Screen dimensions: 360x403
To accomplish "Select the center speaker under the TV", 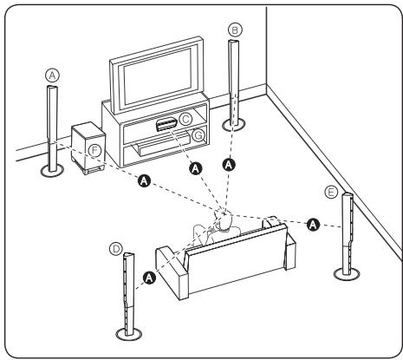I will [x=168, y=124].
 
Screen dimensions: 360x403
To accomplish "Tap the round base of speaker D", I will [x=130, y=333].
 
